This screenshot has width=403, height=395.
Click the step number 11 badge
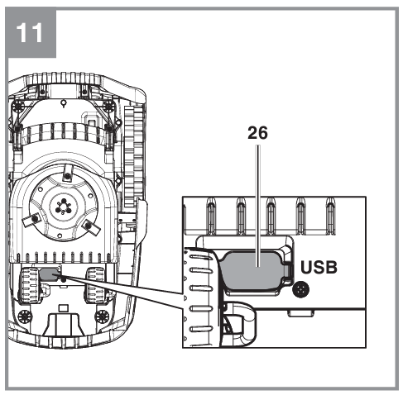(31, 33)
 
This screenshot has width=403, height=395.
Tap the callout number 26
(257, 133)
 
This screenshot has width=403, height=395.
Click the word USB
(319, 267)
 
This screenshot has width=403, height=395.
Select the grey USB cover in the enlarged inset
(254, 271)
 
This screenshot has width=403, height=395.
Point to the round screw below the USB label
(300, 289)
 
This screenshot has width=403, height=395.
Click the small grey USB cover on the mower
(49, 274)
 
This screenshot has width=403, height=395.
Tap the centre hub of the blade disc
(64, 206)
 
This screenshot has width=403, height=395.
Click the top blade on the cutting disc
(67, 173)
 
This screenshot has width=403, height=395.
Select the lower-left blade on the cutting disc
(31, 220)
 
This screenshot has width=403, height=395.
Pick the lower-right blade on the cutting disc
(91, 226)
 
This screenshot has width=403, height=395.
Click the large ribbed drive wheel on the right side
(134, 157)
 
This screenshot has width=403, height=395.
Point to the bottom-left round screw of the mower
(25, 316)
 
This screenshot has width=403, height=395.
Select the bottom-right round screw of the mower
(102, 316)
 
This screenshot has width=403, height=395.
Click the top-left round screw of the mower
(18, 106)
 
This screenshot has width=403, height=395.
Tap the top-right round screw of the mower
(109, 106)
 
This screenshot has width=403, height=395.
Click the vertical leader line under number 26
(258, 206)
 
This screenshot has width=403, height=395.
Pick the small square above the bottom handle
(64, 307)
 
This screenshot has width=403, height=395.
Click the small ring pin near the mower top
(64, 103)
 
